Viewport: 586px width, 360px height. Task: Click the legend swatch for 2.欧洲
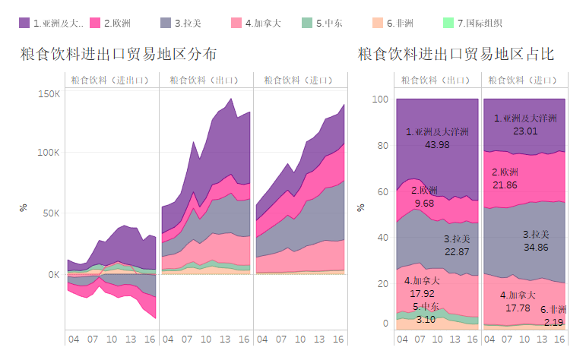[x=95, y=24]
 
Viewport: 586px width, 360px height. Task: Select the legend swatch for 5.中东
[x=307, y=24]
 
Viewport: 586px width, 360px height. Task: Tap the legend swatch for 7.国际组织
[x=448, y=24]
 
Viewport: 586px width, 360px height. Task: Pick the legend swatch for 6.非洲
[x=378, y=24]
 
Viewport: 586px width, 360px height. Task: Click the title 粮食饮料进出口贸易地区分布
[x=119, y=55]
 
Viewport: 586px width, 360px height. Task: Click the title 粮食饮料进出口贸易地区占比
[x=455, y=55]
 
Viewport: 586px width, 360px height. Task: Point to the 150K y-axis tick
[x=49, y=93]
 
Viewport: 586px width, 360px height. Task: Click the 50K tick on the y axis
[x=52, y=213]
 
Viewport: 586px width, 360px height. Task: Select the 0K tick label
[x=54, y=274]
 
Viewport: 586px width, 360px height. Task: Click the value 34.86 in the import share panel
[x=536, y=248]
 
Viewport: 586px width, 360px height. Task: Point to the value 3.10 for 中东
[x=426, y=320]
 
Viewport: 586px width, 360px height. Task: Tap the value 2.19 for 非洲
[x=553, y=322]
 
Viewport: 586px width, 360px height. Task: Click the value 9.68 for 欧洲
[x=424, y=204]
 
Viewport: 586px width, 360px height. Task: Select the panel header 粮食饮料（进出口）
[x=109, y=80]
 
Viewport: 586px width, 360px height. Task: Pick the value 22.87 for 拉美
[x=458, y=252]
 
